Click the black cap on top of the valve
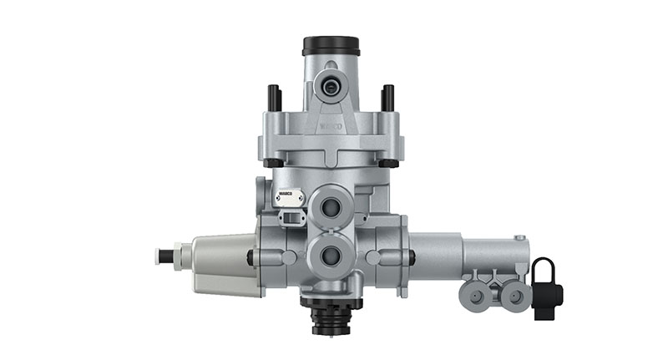(331, 45)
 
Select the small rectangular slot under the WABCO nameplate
(289, 219)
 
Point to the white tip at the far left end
(162, 256)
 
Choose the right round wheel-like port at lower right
(513, 296)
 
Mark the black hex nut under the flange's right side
(387, 161)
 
